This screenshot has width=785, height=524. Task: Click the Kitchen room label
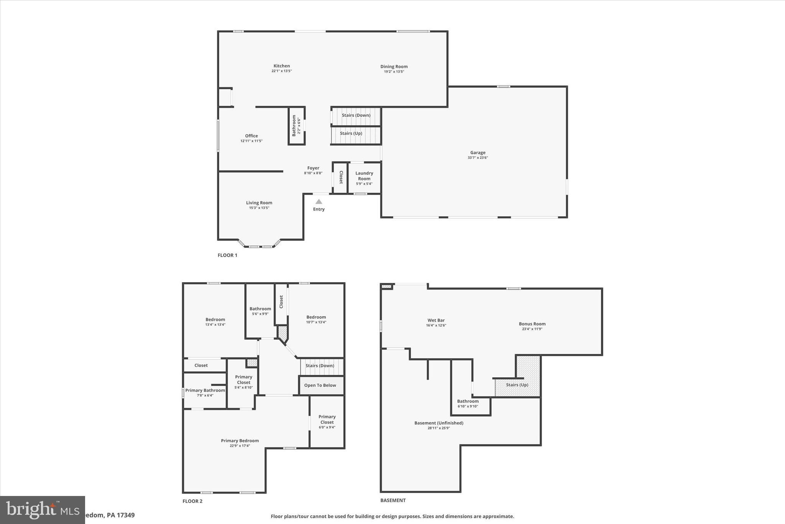coord(281,66)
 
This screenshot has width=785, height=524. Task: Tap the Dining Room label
coord(394,66)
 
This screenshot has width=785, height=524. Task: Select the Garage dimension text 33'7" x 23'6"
coord(478,158)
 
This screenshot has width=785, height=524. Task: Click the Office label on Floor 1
coord(251,136)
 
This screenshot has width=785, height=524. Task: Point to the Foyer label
coord(313,168)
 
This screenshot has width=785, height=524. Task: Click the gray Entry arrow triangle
coord(319,202)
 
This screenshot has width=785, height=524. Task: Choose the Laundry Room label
coord(364,176)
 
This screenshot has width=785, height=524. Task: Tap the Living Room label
coord(259,203)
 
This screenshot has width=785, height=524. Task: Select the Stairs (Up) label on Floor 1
coord(351,134)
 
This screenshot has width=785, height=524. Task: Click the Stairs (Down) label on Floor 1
coord(356,115)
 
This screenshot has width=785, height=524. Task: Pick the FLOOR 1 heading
coord(227,255)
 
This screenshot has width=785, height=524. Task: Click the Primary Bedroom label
coord(240,441)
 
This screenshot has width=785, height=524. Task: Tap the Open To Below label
coord(320,385)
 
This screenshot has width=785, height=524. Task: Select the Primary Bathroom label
coord(205,390)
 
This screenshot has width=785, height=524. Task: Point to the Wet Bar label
coord(436,320)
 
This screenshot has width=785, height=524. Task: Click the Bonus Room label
coord(532,324)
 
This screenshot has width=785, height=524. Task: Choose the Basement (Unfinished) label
coord(438,423)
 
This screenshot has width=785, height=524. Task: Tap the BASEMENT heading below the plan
coord(392,500)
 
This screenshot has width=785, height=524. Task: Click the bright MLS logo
coord(42,510)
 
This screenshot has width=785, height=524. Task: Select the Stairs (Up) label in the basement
coord(517,385)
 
